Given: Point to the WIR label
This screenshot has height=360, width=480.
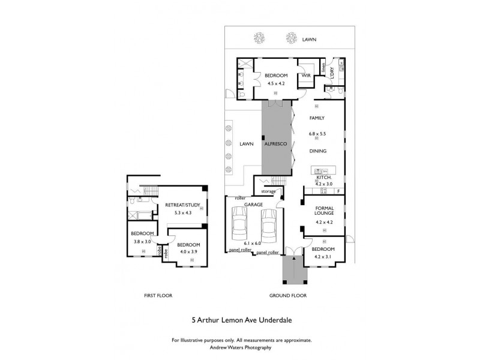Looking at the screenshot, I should point(306,76).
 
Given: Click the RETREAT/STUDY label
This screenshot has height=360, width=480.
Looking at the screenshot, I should point(182,205).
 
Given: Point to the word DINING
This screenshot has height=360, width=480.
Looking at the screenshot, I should point(317,151).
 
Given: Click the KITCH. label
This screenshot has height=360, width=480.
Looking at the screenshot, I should point(323,178).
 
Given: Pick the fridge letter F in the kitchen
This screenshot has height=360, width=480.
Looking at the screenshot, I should point(339,191).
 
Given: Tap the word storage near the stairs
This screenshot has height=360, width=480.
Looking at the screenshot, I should point(269,191).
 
